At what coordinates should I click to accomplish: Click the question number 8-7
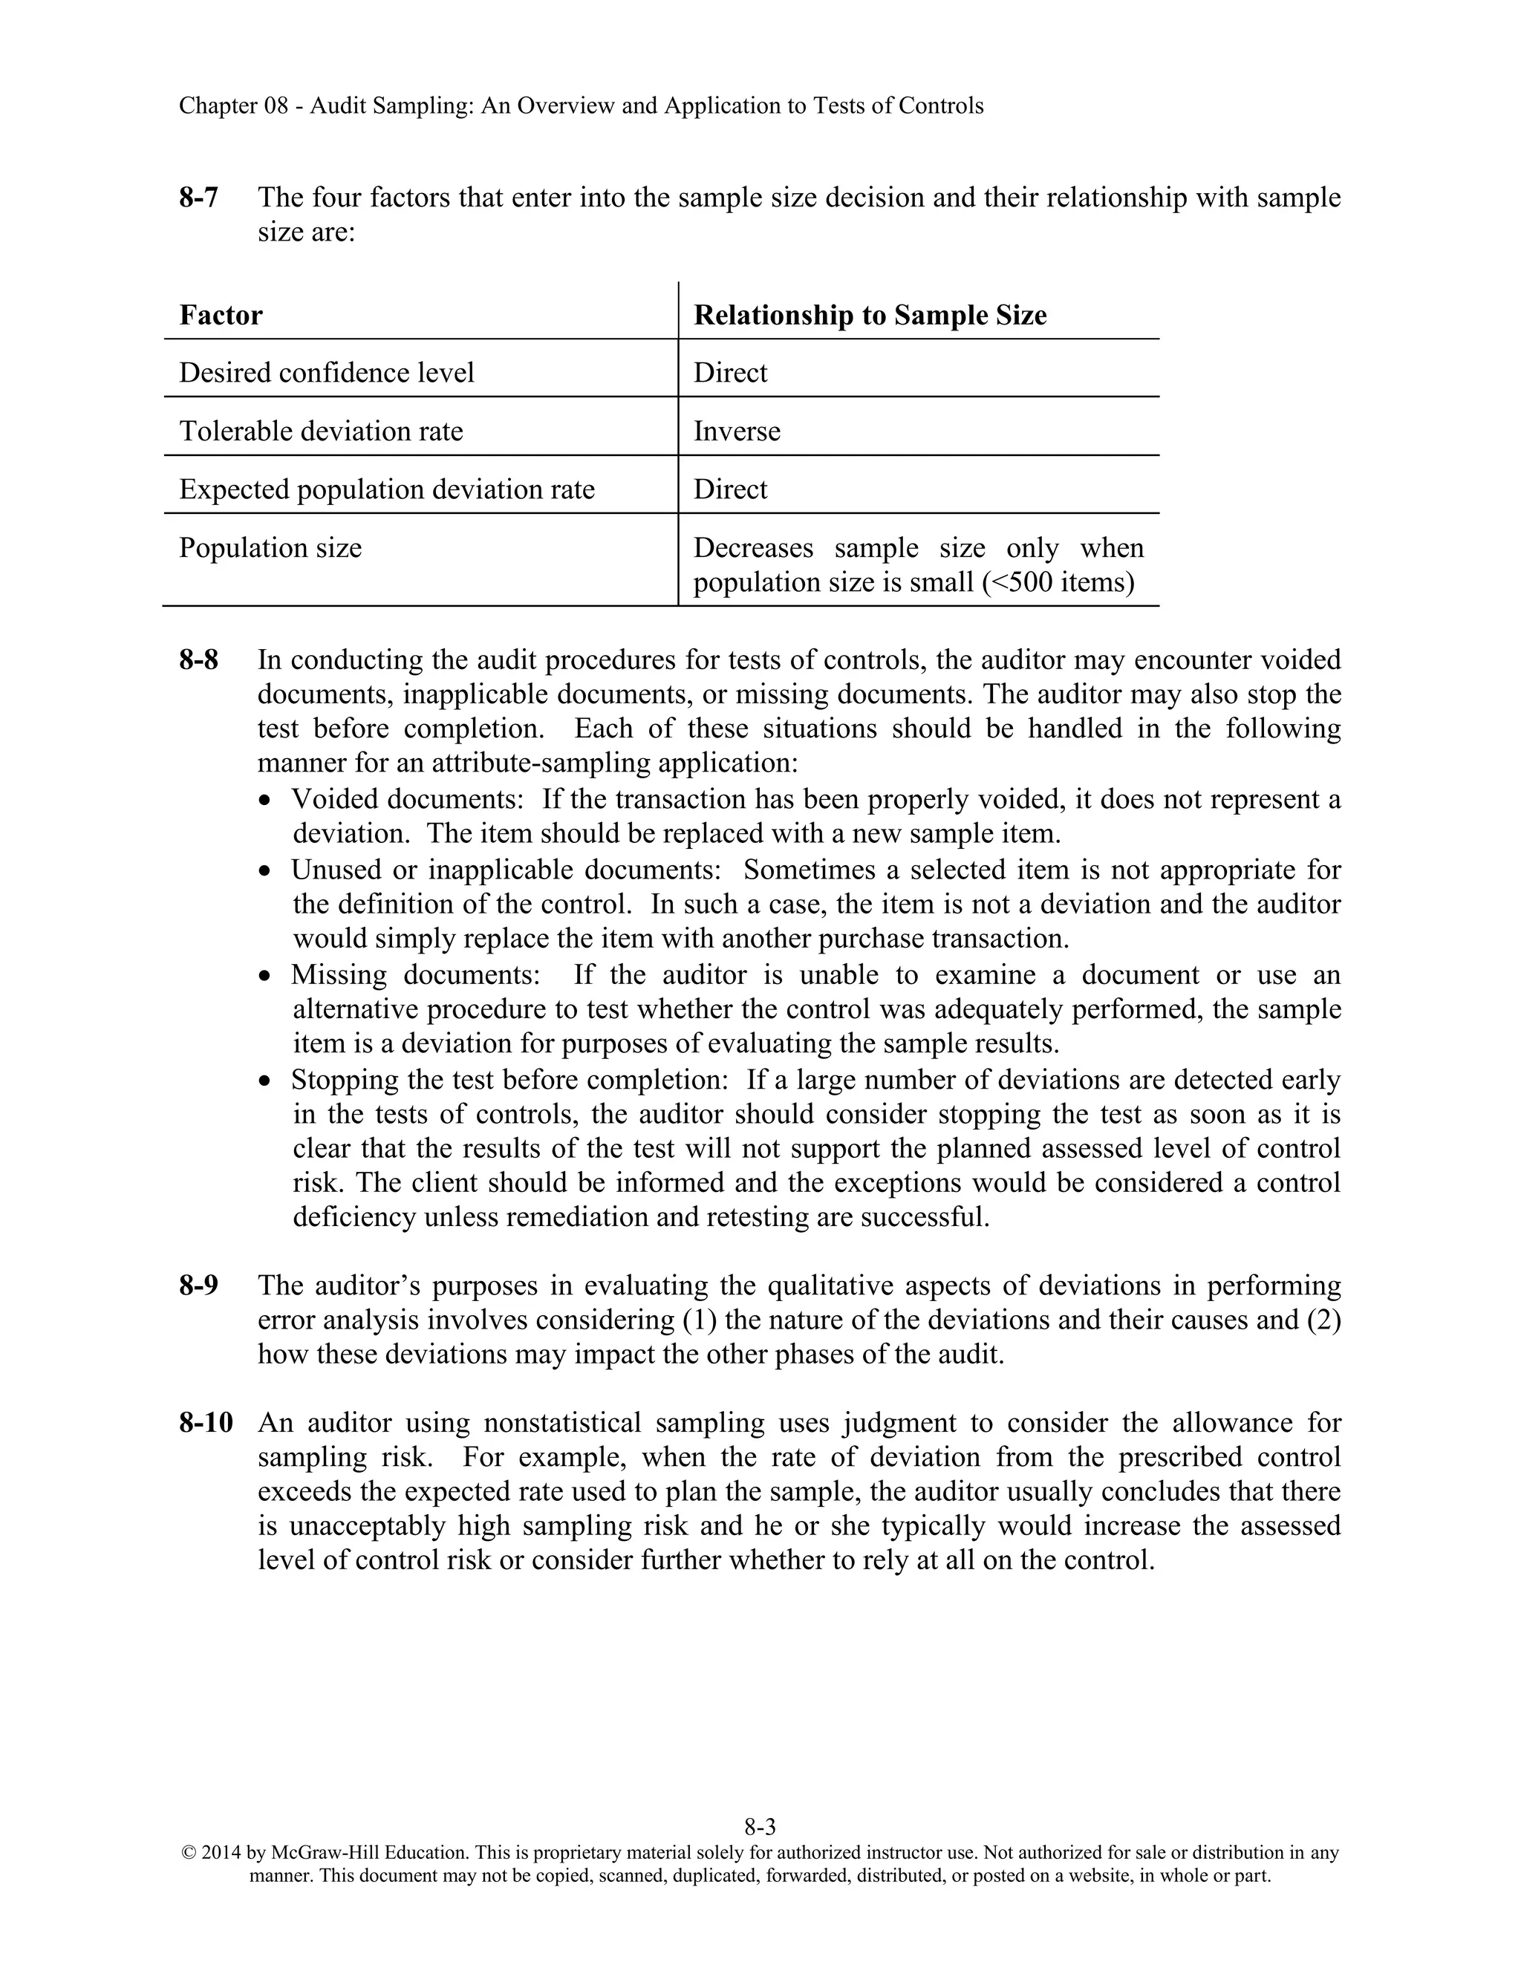pyautogui.click(x=198, y=198)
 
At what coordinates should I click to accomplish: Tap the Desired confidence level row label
pyautogui.click(x=326, y=372)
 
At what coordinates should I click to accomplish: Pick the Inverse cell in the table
pyautogui.click(x=736, y=431)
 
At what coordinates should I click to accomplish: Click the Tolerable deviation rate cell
pyautogui.click(x=321, y=431)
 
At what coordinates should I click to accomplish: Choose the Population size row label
pyautogui.click(x=270, y=548)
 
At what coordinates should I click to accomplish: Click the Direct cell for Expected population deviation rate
pyautogui.click(x=730, y=489)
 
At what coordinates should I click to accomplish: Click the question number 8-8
pyautogui.click(x=198, y=659)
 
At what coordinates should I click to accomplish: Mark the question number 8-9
pyautogui.click(x=198, y=1285)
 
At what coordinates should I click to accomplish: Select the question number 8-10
pyautogui.click(x=206, y=1423)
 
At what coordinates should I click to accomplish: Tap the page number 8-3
pyautogui.click(x=760, y=1828)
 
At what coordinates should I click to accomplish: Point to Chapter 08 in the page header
pyautogui.click(x=232, y=105)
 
